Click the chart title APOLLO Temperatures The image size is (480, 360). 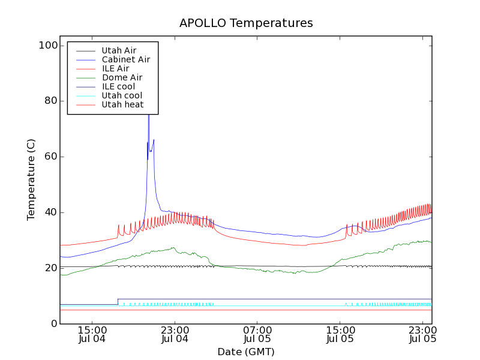point(246,23)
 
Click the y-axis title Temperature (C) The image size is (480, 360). point(31,179)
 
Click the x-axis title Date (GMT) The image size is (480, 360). point(246,352)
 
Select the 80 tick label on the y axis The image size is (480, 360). point(49,101)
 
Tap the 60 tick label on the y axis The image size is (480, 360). point(49,157)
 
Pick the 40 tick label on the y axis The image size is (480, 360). point(49,212)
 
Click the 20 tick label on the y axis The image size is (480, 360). point(49,268)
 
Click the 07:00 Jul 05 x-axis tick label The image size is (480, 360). point(257,334)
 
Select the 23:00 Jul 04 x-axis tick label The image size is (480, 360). point(175,334)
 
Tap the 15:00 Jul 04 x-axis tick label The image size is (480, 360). point(92,334)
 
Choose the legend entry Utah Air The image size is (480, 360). point(119,50)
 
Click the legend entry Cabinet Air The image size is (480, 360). point(125,59)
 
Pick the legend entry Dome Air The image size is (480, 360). point(122,77)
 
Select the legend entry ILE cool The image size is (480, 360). point(118,86)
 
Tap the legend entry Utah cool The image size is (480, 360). point(122,95)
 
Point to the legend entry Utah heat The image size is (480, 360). point(122,104)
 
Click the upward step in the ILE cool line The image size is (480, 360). point(118,301)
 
